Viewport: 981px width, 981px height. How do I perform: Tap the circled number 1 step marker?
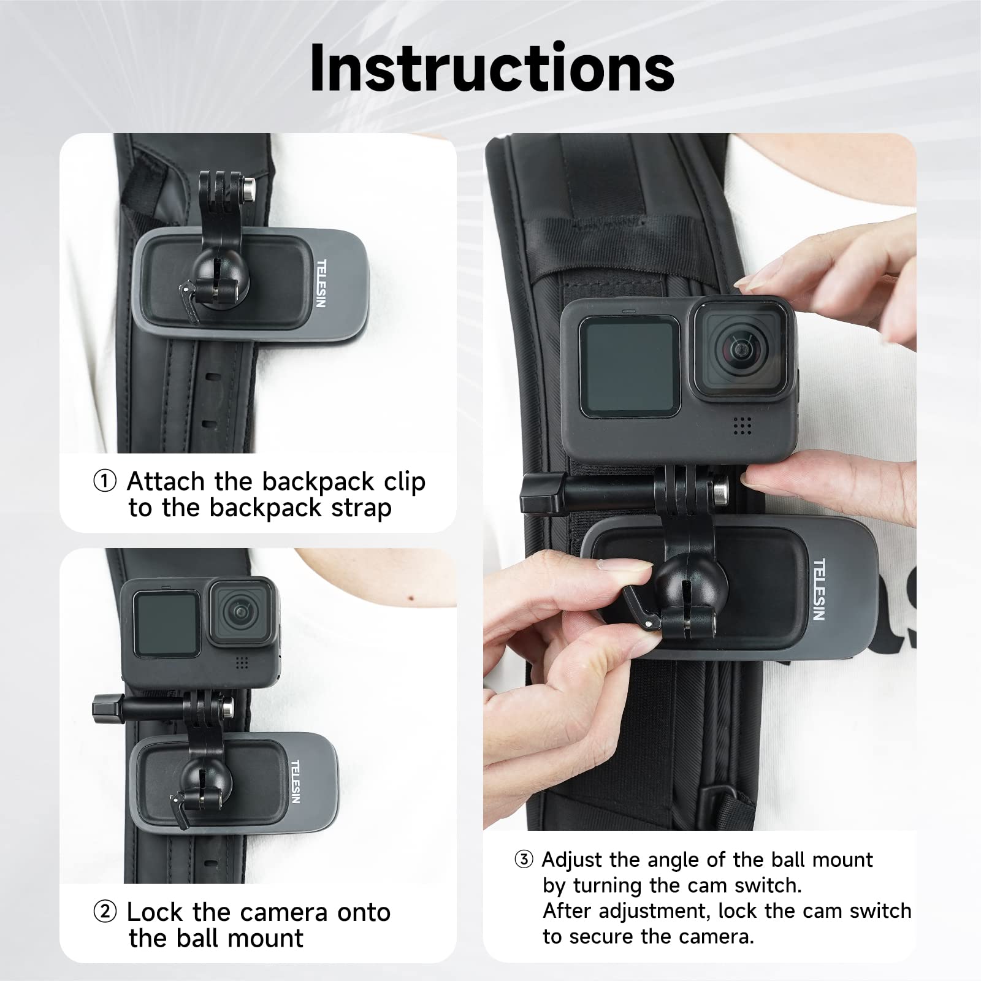point(105,481)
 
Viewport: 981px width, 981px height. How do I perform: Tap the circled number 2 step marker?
point(105,912)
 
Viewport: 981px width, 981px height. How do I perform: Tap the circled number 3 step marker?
point(524,860)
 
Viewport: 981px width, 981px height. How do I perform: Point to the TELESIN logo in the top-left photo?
point(321,283)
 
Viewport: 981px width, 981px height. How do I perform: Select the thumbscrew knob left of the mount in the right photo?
point(535,494)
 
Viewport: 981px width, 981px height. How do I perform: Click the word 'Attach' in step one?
point(166,482)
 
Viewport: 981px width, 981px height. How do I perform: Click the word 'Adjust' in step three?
point(571,860)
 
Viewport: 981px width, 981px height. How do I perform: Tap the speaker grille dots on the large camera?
point(742,426)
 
